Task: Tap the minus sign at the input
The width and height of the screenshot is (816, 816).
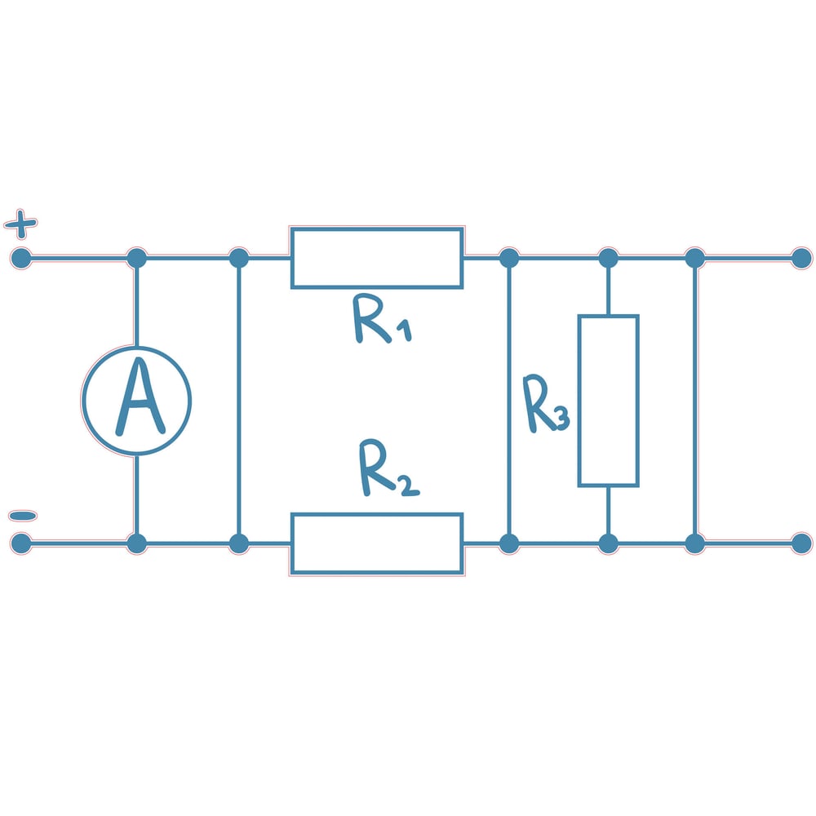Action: pos(22,516)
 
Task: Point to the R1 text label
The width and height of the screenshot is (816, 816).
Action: pos(380,320)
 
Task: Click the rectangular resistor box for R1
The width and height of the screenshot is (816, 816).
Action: pos(377,258)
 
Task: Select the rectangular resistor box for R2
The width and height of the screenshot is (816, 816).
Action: pos(377,543)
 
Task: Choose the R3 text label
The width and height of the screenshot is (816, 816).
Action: pos(545,405)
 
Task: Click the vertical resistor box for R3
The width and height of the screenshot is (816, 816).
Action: pos(608,401)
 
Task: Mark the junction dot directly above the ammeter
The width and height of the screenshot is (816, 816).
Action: pos(136,259)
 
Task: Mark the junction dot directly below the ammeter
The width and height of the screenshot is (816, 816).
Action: pos(136,543)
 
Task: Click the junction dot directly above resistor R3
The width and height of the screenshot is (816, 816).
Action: pos(608,259)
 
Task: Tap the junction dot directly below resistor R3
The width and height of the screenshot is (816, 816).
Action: pos(608,543)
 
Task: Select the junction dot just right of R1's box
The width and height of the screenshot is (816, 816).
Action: pos(508,259)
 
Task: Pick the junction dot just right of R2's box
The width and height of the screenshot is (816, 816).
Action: pos(508,543)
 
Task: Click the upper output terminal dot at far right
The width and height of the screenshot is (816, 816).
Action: pos(801,259)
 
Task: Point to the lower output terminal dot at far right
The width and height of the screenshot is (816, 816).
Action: pos(801,543)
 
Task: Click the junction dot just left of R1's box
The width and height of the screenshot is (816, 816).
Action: pos(238,259)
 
